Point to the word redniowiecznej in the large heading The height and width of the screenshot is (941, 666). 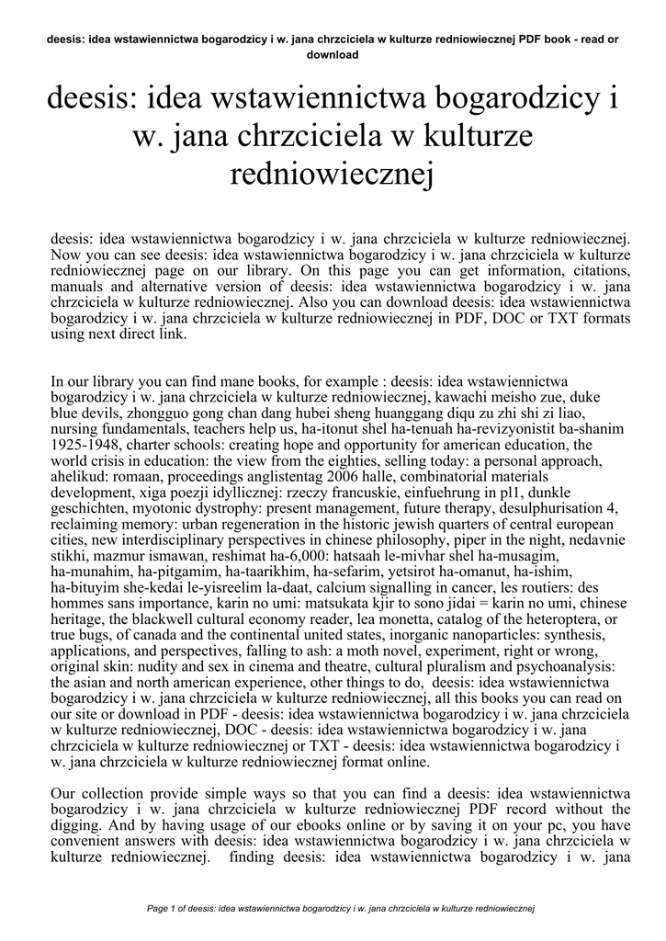333,174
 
